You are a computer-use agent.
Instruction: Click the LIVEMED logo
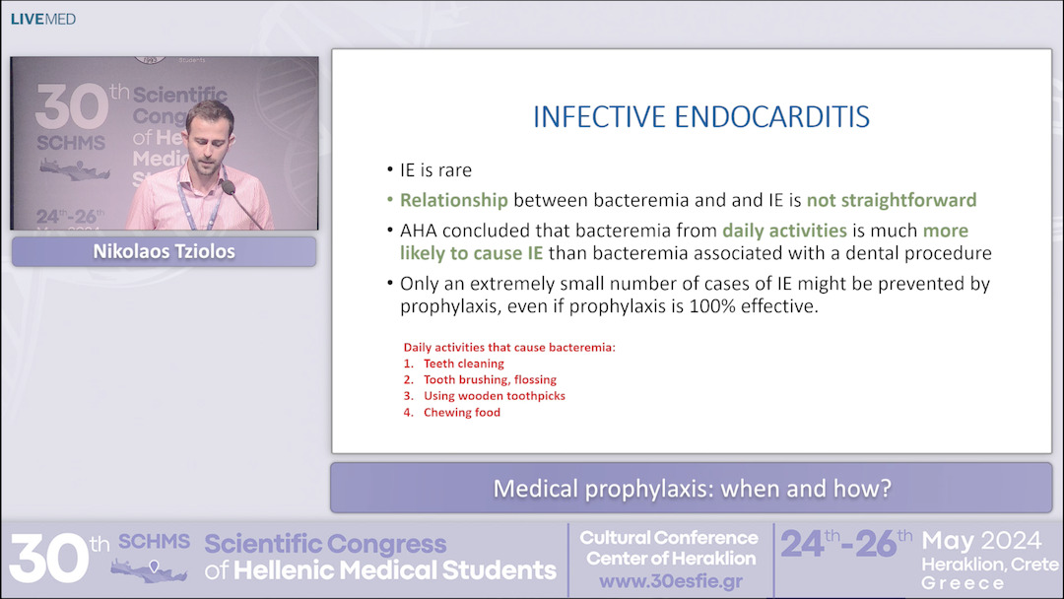pyautogui.click(x=42, y=19)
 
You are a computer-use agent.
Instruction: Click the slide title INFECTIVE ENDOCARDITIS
pyautogui.click(x=700, y=117)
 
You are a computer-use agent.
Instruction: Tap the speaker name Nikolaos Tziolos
pyautogui.click(x=164, y=251)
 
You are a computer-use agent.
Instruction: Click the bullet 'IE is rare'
pyautogui.click(x=435, y=171)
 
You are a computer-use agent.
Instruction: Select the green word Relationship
pyautogui.click(x=453, y=200)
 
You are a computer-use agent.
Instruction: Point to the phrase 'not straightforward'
pyautogui.click(x=891, y=200)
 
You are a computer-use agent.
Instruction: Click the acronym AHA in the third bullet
pyautogui.click(x=420, y=232)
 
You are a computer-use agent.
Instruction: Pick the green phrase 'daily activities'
pyautogui.click(x=784, y=232)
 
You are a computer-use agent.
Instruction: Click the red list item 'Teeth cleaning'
pyautogui.click(x=463, y=364)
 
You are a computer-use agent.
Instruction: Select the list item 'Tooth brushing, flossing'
pyautogui.click(x=490, y=379)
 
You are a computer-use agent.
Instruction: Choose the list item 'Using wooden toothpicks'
pyautogui.click(x=494, y=396)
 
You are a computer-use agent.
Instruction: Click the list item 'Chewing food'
pyautogui.click(x=461, y=413)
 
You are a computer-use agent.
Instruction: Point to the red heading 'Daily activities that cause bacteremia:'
pyautogui.click(x=508, y=347)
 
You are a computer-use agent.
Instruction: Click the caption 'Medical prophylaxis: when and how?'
pyautogui.click(x=692, y=488)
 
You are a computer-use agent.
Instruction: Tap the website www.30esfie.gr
pyautogui.click(x=669, y=581)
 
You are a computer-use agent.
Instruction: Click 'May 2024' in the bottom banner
pyautogui.click(x=981, y=541)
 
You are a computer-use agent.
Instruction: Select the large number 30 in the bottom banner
pyautogui.click(x=45, y=558)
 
